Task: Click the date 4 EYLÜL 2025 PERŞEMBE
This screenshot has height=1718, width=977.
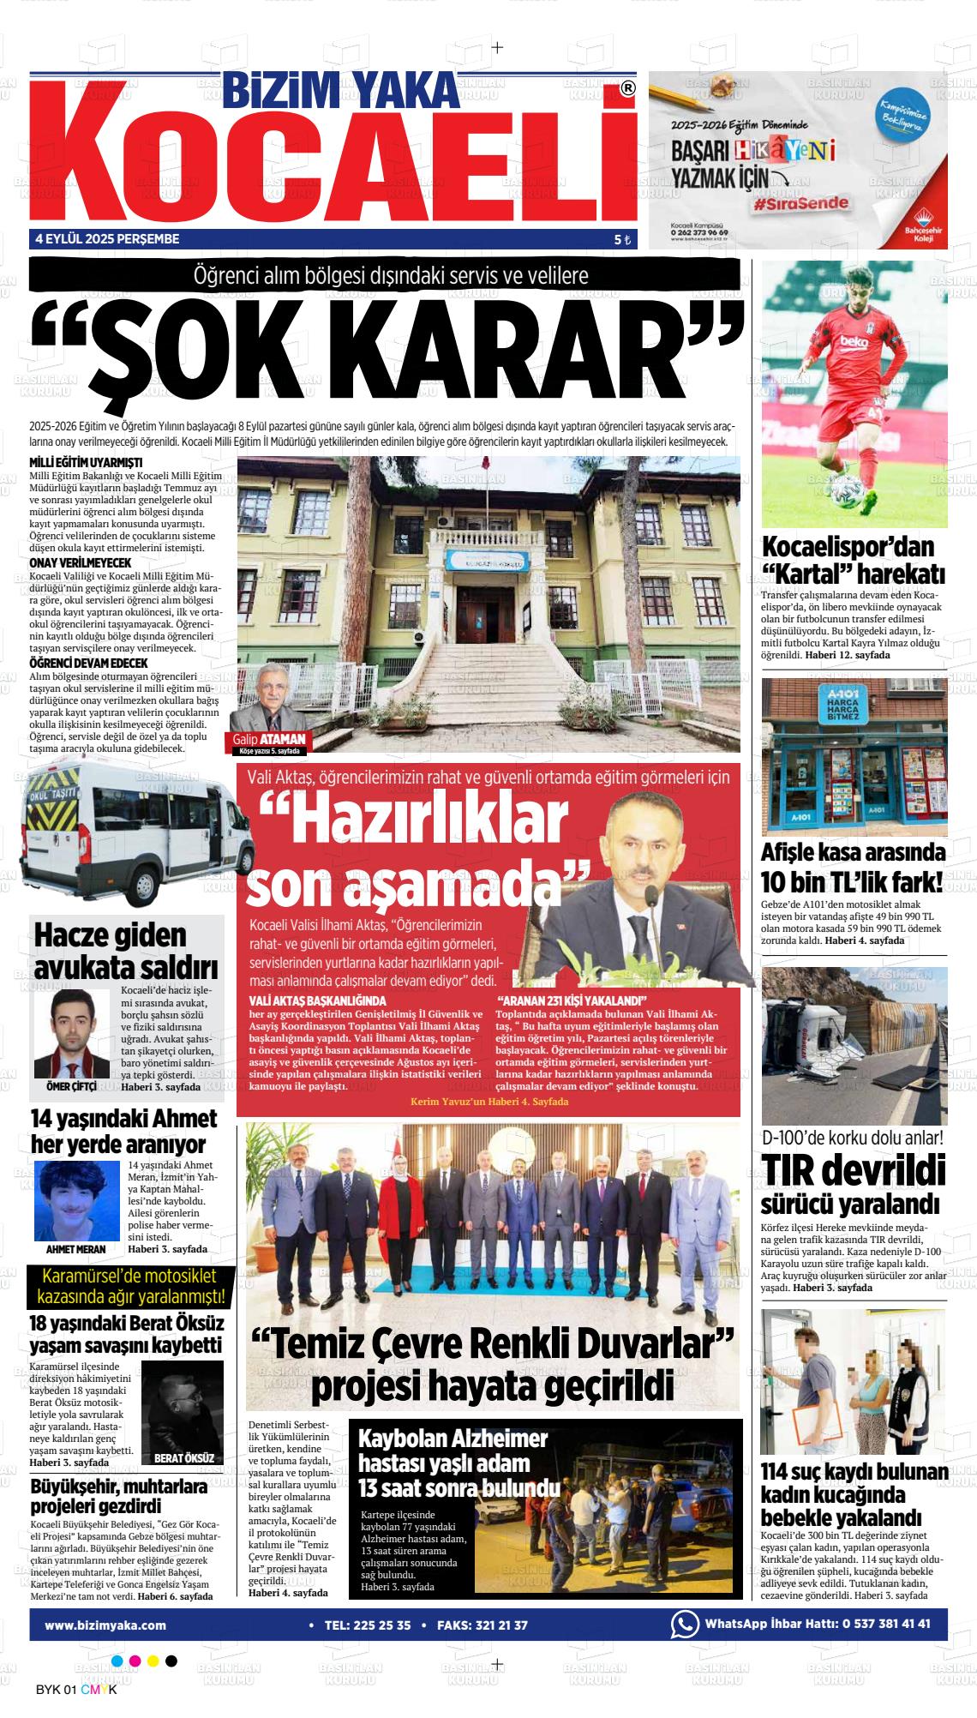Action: (x=107, y=239)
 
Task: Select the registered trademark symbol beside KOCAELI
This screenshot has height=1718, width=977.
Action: (x=627, y=88)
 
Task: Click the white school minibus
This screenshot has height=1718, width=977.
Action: (x=129, y=832)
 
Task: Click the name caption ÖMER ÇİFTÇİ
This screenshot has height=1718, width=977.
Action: (x=71, y=1087)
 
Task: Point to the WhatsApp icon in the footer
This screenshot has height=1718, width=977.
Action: (x=684, y=1625)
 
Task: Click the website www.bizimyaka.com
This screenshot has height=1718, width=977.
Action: (x=105, y=1625)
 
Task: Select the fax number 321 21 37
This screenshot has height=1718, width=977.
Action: (x=498, y=1625)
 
